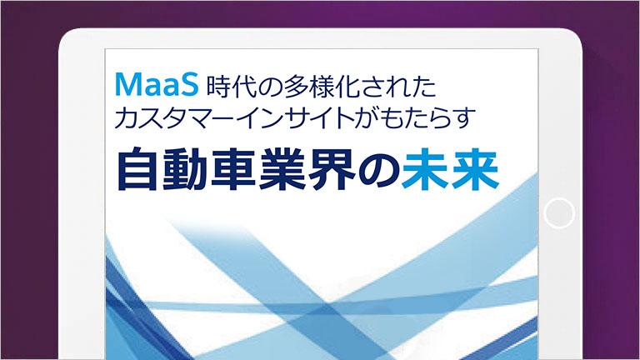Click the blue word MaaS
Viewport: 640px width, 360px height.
pyautogui.click(x=157, y=84)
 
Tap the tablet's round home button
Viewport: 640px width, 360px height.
pyautogui.click(x=559, y=212)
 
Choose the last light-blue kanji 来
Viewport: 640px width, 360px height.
pyautogui.click(x=475, y=169)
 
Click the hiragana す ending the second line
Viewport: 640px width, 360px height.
pyautogui.click(x=464, y=118)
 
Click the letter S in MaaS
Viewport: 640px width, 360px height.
pyautogui.click(x=189, y=84)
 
